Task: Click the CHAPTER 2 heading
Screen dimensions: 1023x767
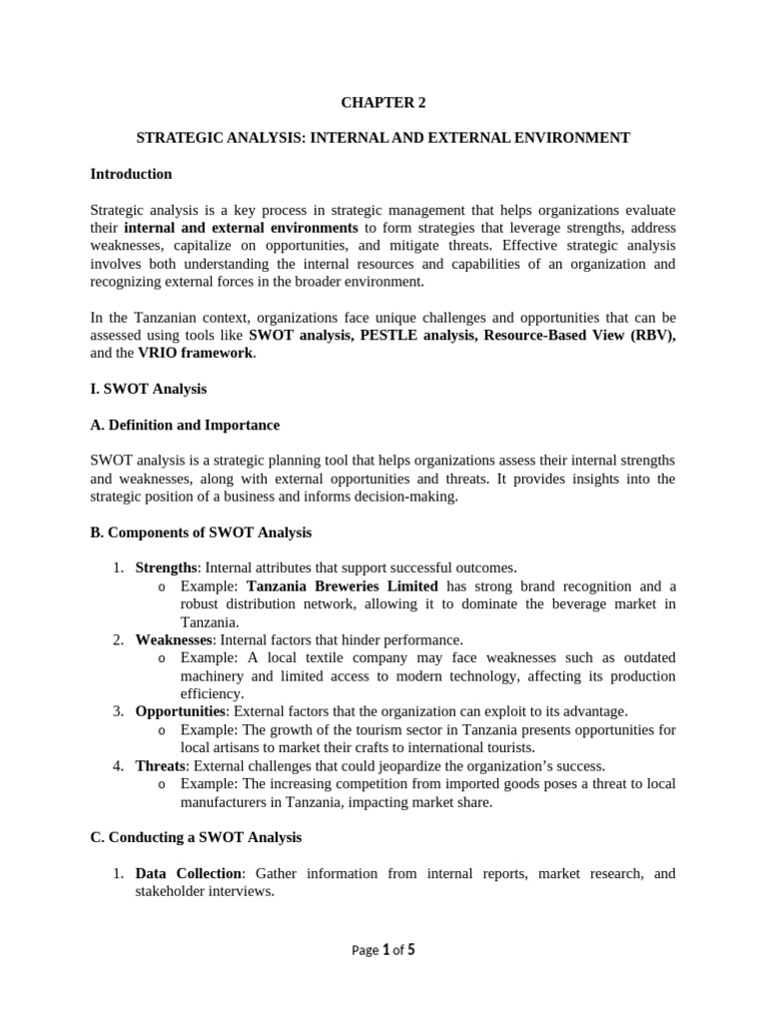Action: tap(383, 101)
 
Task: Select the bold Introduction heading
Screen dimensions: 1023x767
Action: tap(131, 174)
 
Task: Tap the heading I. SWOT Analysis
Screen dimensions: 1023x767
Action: tap(148, 389)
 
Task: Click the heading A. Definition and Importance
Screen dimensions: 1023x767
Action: tap(185, 425)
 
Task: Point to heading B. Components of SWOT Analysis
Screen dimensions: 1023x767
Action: tap(201, 532)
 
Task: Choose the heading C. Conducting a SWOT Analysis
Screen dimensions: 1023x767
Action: tap(196, 837)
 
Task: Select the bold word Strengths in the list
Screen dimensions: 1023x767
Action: tap(166, 568)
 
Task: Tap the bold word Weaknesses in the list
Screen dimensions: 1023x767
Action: tap(174, 639)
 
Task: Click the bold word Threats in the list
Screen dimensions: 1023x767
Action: tap(160, 765)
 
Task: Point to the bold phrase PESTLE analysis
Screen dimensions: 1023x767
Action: tap(413, 335)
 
